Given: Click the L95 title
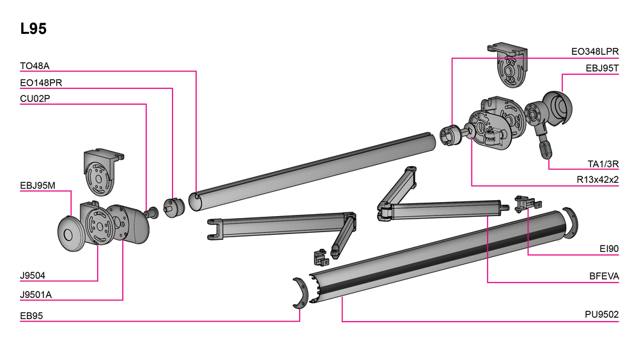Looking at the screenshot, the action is (x=33, y=29).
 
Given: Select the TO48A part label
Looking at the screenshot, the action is (x=35, y=66).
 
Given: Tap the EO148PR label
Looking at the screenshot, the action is (x=41, y=82).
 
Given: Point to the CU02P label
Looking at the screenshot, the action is (x=35, y=98).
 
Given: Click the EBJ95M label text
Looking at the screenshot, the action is (x=38, y=185).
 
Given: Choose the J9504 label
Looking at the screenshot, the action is (x=33, y=276).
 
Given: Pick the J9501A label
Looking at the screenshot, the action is (x=36, y=295).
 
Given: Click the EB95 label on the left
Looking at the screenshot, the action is (x=31, y=316).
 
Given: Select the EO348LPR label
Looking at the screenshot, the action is (x=595, y=52).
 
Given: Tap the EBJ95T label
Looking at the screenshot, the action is (x=603, y=68).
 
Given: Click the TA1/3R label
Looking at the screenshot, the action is (x=603, y=164).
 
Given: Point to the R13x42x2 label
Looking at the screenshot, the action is (x=598, y=180).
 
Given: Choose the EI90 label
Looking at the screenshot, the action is (x=609, y=249).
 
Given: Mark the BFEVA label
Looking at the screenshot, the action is (x=604, y=276).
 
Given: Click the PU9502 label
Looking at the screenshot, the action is (x=602, y=315).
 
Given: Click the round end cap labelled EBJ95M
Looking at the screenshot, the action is (x=71, y=233).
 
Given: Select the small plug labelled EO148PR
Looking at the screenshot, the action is (x=174, y=208).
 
